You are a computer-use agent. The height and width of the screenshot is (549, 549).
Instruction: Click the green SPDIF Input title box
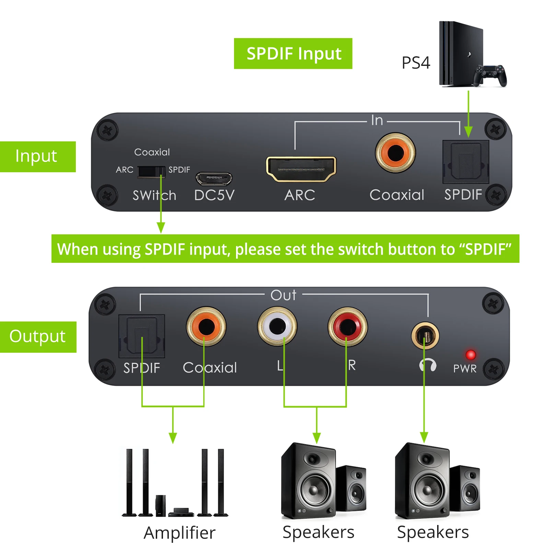(293, 54)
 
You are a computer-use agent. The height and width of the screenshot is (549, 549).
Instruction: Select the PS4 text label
(416, 63)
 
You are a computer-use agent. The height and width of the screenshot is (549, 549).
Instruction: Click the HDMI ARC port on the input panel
(301, 169)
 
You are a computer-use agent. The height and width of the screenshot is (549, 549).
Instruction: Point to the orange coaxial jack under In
(395, 153)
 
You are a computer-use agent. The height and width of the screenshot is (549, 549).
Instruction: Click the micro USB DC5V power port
(213, 178)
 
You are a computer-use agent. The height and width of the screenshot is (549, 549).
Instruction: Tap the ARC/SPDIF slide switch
(151, 171)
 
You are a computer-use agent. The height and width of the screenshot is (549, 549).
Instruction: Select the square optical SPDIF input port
(465, 161)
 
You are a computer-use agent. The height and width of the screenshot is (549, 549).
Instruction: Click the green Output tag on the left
(38, 337)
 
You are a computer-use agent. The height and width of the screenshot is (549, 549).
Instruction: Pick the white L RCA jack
(277, 326)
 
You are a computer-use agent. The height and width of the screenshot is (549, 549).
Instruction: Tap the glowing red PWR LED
(470, 354)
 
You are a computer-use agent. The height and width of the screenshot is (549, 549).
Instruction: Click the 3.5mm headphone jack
(425, 335)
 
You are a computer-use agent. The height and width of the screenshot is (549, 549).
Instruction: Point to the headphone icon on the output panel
(428, 365)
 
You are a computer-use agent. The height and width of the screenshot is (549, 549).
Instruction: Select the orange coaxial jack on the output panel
(206, 326)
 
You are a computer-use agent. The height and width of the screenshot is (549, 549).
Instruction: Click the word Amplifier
(179, 533)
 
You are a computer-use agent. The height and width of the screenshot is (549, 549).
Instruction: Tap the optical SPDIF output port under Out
(141, 336)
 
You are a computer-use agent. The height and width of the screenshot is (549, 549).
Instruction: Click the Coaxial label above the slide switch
(152, 152)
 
